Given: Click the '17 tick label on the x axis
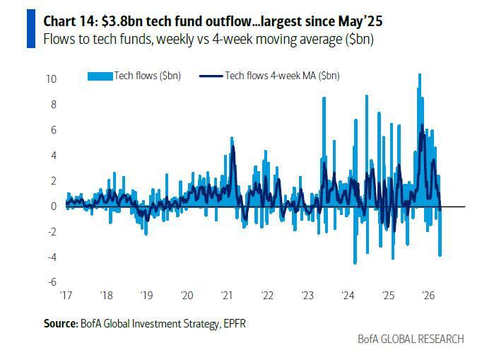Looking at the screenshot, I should tap(67, 295).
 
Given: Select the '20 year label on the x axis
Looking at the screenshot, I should tap(187, 295).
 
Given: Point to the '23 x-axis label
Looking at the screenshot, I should tap(307, 295).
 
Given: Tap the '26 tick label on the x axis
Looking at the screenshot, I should tap(427, 295).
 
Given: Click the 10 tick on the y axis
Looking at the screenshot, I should tap(51, 79).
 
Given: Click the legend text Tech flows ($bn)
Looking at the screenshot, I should tap(148, 76).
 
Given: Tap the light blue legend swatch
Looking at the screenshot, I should tap(100, 76).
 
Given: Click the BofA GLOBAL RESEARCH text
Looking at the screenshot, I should tap(411, 339).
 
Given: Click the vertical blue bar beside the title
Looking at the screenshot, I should tap(30, 29).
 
